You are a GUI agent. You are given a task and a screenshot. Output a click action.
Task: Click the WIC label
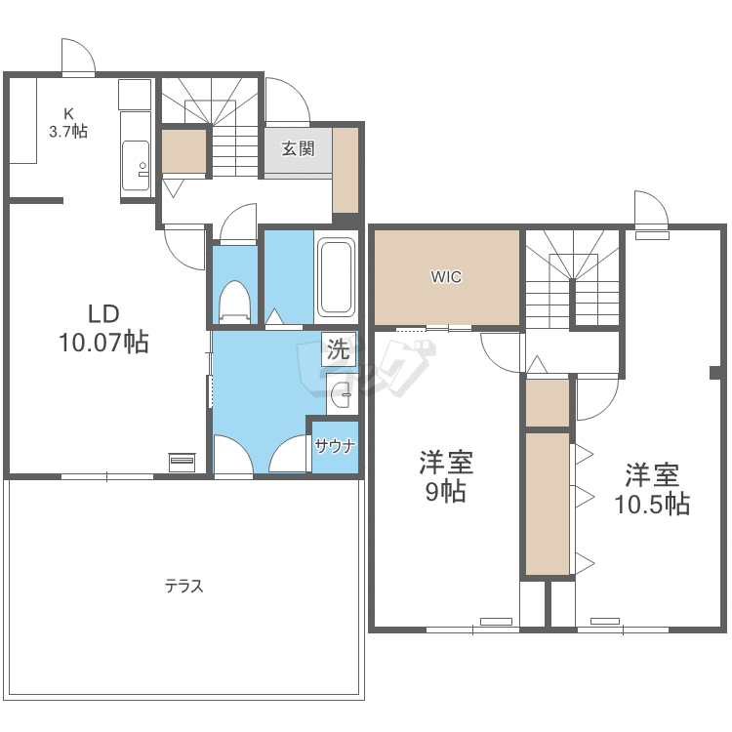pos(446,277)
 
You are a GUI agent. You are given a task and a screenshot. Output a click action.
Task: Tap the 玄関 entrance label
pos(298,149)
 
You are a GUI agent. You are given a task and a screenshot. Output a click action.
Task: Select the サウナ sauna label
pos(335,447)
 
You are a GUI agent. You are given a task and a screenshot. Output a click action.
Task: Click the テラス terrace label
pos(183,586)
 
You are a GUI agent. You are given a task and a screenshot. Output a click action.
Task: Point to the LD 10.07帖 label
pos(103,328)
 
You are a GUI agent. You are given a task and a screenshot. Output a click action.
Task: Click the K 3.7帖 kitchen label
pos(68,123)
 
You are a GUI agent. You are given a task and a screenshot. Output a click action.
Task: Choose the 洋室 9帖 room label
pos(446,476)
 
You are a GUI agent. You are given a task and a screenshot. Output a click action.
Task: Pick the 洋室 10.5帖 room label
pos(652,489)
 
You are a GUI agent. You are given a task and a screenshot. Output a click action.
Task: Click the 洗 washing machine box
pos(339,348)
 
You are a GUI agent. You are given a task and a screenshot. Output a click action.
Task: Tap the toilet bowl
pos(235,302)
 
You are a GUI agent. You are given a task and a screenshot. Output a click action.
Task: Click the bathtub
pos(336,278)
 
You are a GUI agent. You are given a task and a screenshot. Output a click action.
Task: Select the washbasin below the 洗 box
pos(342,394)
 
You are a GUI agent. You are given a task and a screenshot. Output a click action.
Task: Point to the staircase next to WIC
pos(573,279)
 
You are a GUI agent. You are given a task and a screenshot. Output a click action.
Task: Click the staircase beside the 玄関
pos(210,127)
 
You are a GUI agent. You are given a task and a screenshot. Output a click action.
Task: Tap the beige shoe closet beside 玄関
pos(346,170)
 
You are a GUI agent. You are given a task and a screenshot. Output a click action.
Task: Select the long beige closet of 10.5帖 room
pos(548,504)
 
